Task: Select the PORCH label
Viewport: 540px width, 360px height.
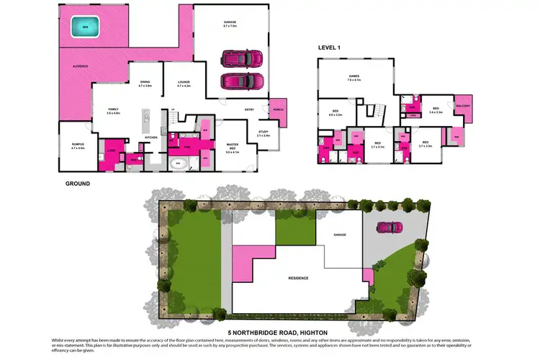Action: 278,109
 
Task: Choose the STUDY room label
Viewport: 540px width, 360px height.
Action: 263,133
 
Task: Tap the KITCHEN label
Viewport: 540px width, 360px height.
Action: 151,137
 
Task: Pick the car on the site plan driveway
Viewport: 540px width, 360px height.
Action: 389,228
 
